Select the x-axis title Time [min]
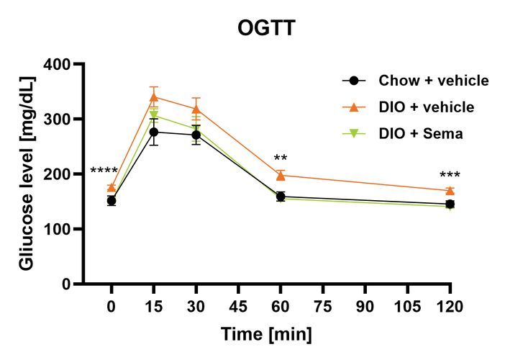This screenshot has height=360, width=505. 267,335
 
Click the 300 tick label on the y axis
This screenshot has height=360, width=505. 60,120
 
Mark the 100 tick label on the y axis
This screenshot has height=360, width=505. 60,229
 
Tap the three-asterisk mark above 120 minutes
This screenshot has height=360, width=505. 450,176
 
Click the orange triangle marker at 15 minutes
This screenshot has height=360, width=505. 154,96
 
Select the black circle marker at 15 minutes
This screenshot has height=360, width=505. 154,132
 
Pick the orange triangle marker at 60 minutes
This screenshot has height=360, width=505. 281,175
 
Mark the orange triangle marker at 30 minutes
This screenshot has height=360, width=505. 196,109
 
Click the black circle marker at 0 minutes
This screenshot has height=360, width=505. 112,201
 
